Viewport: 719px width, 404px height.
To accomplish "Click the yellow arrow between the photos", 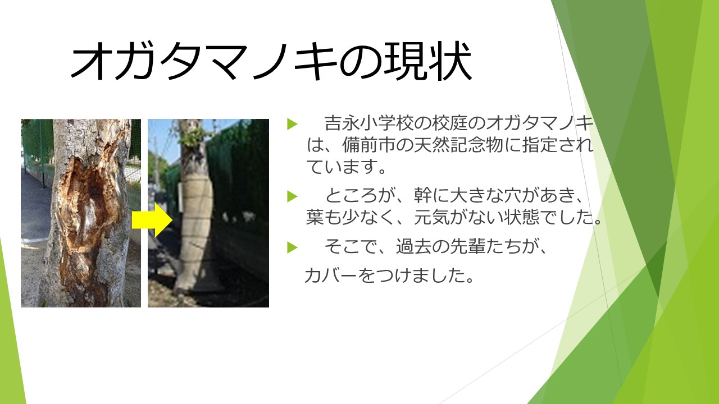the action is (152, 219).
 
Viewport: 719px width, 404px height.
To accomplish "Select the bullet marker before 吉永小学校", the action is (292, 124).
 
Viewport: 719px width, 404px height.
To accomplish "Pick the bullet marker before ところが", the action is (292, 196).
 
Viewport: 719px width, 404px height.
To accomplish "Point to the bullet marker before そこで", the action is (292, 247).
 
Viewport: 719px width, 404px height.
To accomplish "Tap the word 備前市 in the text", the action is (368, 145).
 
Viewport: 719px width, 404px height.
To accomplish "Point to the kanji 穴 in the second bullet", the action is (513, 195).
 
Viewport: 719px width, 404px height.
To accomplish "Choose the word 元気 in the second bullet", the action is (432, 217).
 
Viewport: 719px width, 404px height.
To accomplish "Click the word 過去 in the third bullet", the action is (414, 246).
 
